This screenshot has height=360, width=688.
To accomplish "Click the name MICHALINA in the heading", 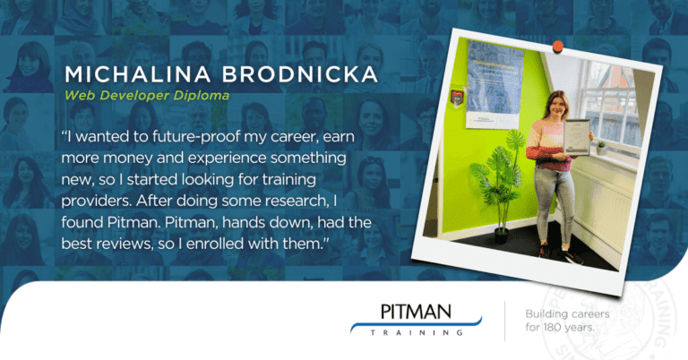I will (119, 74).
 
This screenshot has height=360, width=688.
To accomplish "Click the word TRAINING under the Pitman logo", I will (418, 333).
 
